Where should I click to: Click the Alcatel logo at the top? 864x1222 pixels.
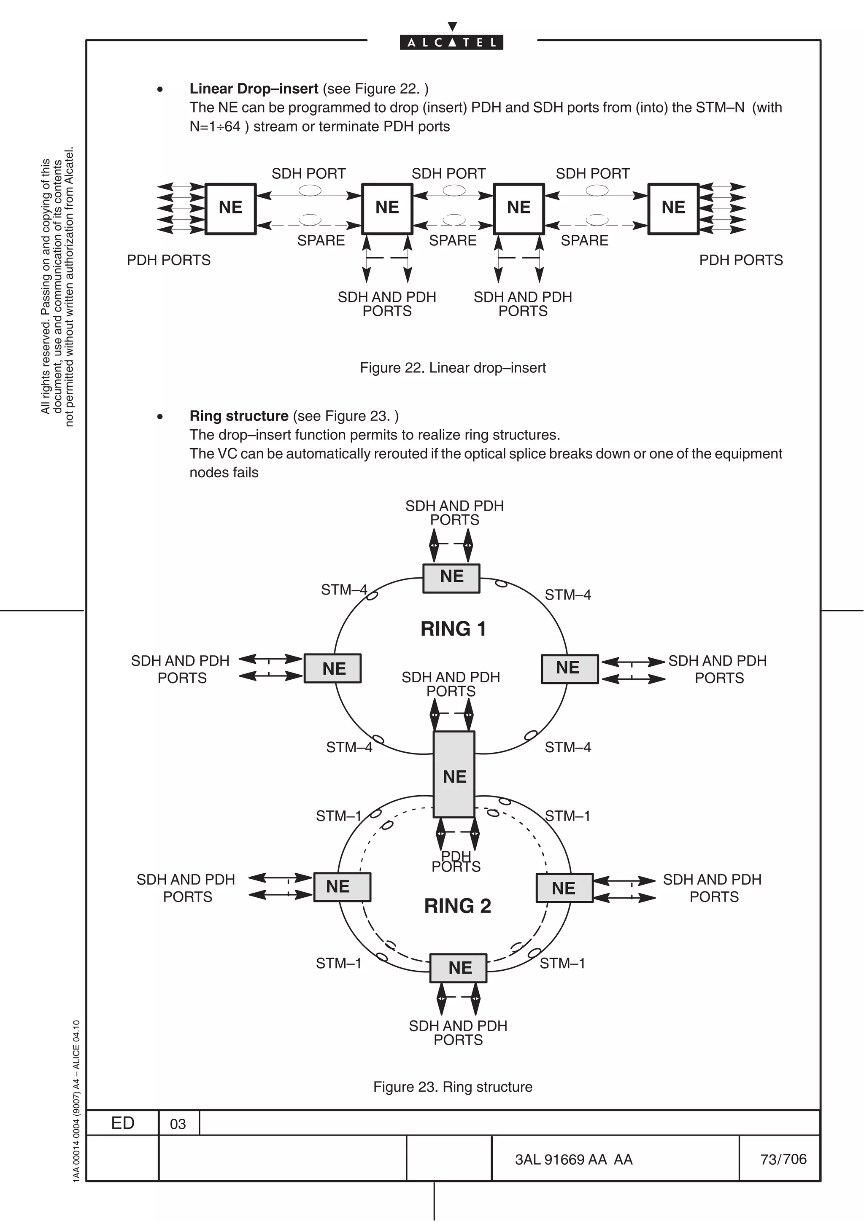pyautogui.click(x=451, y=42)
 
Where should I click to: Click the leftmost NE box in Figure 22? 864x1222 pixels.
pyautogui.click(x=230, y=209)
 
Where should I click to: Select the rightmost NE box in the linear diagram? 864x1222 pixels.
pyautogui.click(x=673, y=209)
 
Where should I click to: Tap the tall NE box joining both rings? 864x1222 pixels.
pyautogui.click(x=454, y=775)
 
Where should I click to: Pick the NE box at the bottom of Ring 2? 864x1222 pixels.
pyautogui.click(x=458, y=968)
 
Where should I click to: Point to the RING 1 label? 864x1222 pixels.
pyautogui.click(x=453, y=629)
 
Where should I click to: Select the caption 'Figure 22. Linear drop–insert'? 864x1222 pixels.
pyautogui.click(x=453, y=368)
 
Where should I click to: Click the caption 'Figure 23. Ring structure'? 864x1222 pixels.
pyautogui.click(x=453, y=1087)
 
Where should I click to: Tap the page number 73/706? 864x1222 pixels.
pyautogui.click(x=783, y=1159)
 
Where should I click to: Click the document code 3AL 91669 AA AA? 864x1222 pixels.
pyautogui.click(x=573, y=1160)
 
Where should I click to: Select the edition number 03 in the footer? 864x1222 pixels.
pyautogui.click(x=178, y=1124)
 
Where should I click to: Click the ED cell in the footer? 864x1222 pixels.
pyautogui.click(x=122, y=1123)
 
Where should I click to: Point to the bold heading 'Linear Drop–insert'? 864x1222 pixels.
pyautogui.click(x=254, y=89)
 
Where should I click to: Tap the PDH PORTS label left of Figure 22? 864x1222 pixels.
pyautogui.click(x=169, y=260)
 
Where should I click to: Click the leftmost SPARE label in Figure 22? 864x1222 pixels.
pyautogui.click(x=321, y=241)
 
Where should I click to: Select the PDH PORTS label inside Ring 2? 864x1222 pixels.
pyautogui.click(x=456, y=861)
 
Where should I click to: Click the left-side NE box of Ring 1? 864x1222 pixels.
pyautogui.click(x=333, y=668)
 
